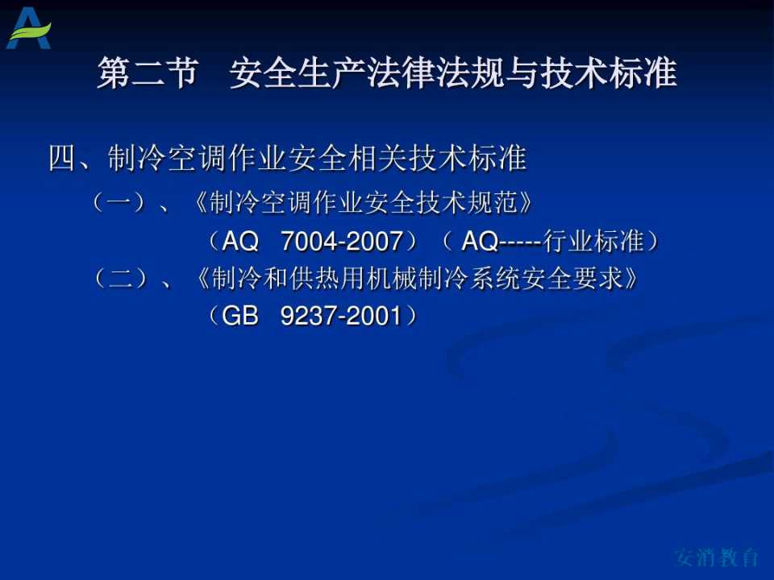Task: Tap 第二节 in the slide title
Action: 148,73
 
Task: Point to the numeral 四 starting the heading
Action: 63,159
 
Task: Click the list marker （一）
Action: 119,202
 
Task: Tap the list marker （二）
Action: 120,279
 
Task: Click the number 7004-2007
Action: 341,241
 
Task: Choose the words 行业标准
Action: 593,241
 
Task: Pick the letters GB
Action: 239,316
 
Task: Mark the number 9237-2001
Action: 340,316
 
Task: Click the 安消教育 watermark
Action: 717,557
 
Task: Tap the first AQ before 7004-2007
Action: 240,241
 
